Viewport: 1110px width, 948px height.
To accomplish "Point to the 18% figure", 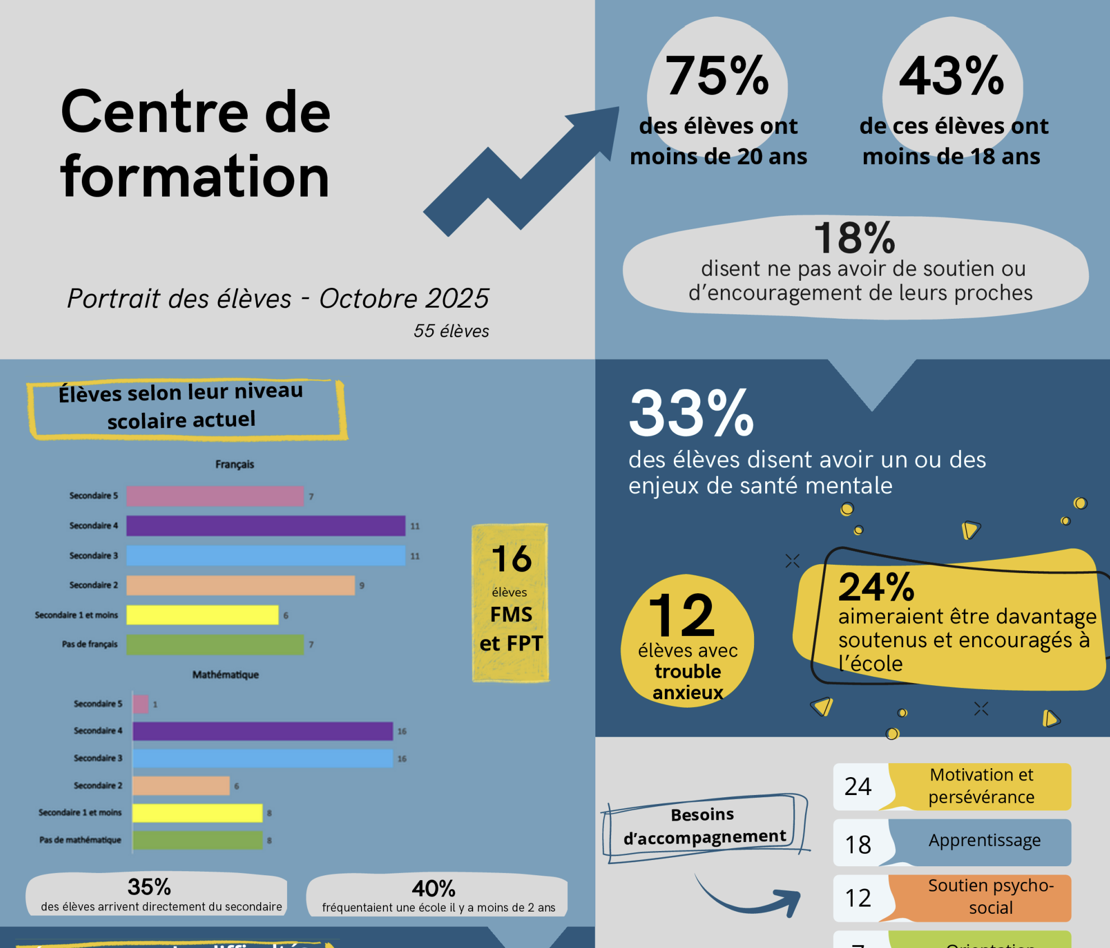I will point(854,238).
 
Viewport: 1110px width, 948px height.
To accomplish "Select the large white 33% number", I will point(691,413).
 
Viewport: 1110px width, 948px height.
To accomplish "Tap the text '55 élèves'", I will point(451,331).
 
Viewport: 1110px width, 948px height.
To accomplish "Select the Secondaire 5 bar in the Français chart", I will point(215,496).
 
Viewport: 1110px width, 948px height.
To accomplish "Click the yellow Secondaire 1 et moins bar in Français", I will point(202,615).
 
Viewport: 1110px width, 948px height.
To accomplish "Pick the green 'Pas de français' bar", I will point(215,644).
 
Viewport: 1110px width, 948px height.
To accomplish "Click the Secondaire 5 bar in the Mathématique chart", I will point(141,704).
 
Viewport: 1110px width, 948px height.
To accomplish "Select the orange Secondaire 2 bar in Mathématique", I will point(181,786).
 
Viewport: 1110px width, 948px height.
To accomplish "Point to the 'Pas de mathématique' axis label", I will point(80,840).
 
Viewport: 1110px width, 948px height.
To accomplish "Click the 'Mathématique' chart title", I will point(225,675).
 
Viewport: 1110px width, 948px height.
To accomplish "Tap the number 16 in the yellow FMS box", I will point(511,559).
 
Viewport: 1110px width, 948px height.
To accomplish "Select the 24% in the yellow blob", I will point(876,587).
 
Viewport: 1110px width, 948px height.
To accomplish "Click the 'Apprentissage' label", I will point(984,840).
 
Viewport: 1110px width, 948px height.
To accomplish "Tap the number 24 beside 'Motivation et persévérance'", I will point(858,787).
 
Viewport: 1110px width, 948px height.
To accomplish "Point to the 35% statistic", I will point(149,887).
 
